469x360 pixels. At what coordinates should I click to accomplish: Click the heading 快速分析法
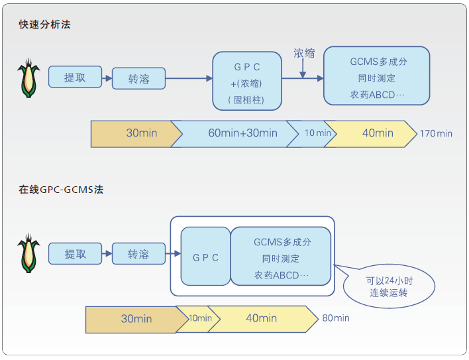pyautogui.click(x=44, y=25)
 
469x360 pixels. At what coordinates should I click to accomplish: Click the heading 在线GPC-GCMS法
pyautogui.click(x=61, y=189)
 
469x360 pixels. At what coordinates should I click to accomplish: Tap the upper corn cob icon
pyautogui.click(x=28, y=79)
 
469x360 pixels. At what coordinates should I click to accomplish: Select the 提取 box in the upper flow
pyautogui.click(x=76, y=77)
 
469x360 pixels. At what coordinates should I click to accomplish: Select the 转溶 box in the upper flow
pyautogui.click(x=138, y=79)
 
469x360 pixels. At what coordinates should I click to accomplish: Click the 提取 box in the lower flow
pyautogui.click(x=75, y=253)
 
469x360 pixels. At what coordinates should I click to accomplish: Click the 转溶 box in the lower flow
pyautogui.click(x=138, y=254)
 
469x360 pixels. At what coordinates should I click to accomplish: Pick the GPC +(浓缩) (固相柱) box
pyautogui.click(x=246, y=82)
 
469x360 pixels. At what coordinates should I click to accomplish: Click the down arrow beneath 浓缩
pyautogui.click(x=303, y=70)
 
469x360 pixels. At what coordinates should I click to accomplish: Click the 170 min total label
pyautogui.click(x=436, y=133)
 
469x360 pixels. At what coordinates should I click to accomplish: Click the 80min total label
pyautogui.click(x=337, y=318)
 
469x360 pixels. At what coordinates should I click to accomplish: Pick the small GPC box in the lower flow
pyautogui.click(x=205, y=257)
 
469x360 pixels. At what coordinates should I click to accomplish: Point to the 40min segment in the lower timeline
pyautogui.click(x=262, y=319)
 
